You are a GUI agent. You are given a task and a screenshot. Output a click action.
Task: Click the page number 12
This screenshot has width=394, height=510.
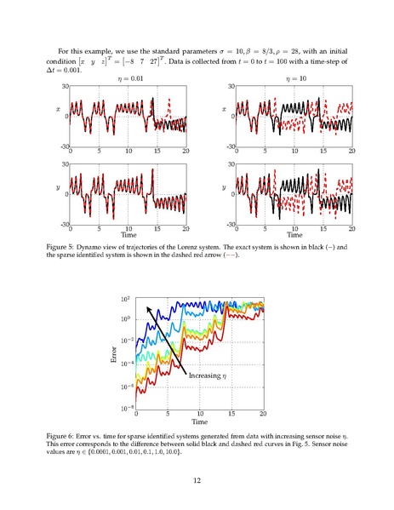(197, 480)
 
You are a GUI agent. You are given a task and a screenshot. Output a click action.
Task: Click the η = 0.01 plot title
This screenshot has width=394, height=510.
(130, 78)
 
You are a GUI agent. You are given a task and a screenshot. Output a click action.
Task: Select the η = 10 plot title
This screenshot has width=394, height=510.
(296, 78)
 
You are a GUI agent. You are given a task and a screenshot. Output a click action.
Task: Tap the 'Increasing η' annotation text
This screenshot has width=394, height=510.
(208, 375)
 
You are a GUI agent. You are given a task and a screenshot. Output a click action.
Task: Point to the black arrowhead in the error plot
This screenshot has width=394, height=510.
(148, 309)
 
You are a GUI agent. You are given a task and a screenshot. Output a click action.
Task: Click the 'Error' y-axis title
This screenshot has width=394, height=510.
(114, 354)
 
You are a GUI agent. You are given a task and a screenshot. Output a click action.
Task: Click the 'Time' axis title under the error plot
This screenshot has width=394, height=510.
(200, 421)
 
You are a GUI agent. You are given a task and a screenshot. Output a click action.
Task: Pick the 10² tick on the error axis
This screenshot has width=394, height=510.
(125, 299)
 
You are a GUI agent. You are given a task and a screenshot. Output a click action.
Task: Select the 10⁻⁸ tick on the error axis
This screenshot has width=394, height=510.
(127, 408)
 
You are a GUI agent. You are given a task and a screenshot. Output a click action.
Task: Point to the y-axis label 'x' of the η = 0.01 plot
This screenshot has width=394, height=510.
(59, 109)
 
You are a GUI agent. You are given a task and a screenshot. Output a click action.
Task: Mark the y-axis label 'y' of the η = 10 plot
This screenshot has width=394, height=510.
(224, 187)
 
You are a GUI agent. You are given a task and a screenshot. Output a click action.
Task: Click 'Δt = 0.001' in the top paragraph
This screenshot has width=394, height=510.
(63, 70)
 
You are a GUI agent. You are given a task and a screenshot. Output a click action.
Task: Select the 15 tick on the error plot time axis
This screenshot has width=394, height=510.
(231, 414)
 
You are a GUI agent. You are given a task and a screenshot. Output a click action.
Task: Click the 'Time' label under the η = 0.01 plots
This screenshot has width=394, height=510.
(128, 235)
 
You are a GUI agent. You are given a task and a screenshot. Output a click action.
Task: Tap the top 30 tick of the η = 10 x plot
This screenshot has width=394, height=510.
(231, 86)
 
